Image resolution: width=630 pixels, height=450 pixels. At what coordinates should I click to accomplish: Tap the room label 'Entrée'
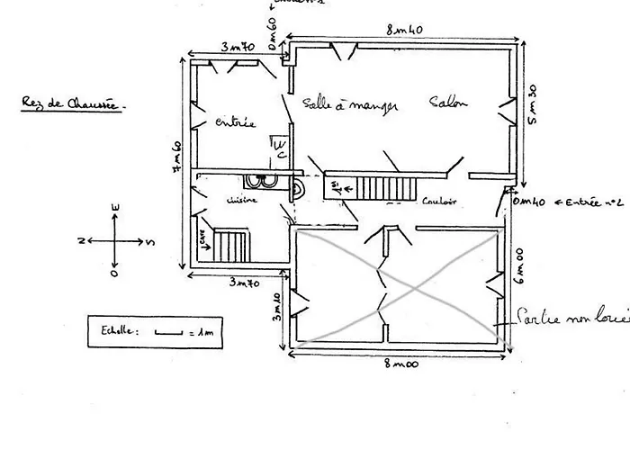coord(236,122)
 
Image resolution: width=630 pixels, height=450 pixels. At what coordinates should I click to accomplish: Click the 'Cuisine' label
coord(243,200)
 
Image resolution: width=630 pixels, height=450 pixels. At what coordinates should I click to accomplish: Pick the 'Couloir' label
coord(440,202)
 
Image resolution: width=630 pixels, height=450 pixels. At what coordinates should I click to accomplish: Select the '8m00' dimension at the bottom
coord(397,364)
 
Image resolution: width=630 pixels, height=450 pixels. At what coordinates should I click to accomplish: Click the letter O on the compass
coord(114,271)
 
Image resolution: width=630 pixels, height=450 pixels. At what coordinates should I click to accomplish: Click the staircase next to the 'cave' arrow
coord(231,244)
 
